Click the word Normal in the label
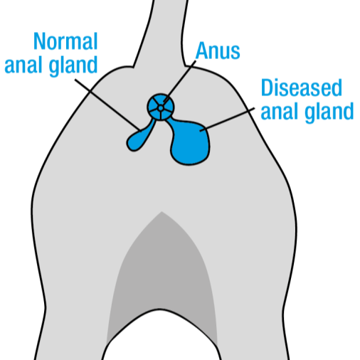(65, 41)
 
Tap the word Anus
(218, 51)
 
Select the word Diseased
(301, 88)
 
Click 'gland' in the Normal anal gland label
(73, 66)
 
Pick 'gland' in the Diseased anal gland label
(329, 112)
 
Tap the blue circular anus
(161, 107)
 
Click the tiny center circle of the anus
(161, 108)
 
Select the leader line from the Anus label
(180, 81)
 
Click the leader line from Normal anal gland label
(108, 105)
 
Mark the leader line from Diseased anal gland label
(227, 120)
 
